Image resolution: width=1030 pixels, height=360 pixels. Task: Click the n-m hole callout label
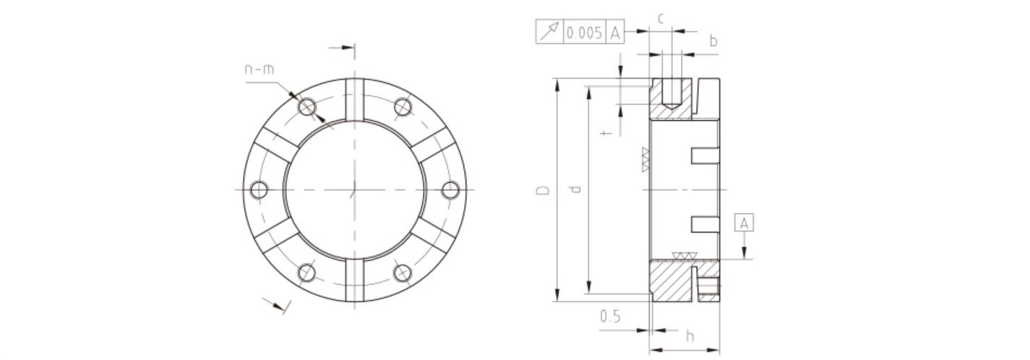[259, 70]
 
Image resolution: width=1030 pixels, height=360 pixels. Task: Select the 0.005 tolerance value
[584, 33]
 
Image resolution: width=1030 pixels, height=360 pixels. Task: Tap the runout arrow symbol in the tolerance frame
[549, 33]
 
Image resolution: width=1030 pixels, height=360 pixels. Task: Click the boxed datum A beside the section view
[744, 223]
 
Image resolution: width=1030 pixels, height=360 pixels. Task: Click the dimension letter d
[575, 190]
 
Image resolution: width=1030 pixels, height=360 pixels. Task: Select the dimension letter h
[690, 335]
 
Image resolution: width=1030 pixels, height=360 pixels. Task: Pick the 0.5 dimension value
[611, 317]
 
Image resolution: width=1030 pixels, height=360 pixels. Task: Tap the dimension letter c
[661, 18]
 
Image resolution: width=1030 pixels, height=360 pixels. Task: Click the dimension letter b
[713, 42]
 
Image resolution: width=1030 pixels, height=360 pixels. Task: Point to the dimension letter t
[606, 133]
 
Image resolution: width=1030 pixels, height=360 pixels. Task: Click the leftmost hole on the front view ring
[259, 190]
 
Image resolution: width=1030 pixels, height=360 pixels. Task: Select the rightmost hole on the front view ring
[450, 190]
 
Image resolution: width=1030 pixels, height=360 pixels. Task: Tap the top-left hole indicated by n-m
[308, 107]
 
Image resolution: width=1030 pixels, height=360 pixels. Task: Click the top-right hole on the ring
[403, 107]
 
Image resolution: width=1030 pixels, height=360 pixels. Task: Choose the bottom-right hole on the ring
[403, 273]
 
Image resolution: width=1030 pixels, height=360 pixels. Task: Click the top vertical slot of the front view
[355, 98]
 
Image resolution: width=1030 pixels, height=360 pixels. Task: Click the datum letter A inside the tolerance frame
[614, 33]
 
